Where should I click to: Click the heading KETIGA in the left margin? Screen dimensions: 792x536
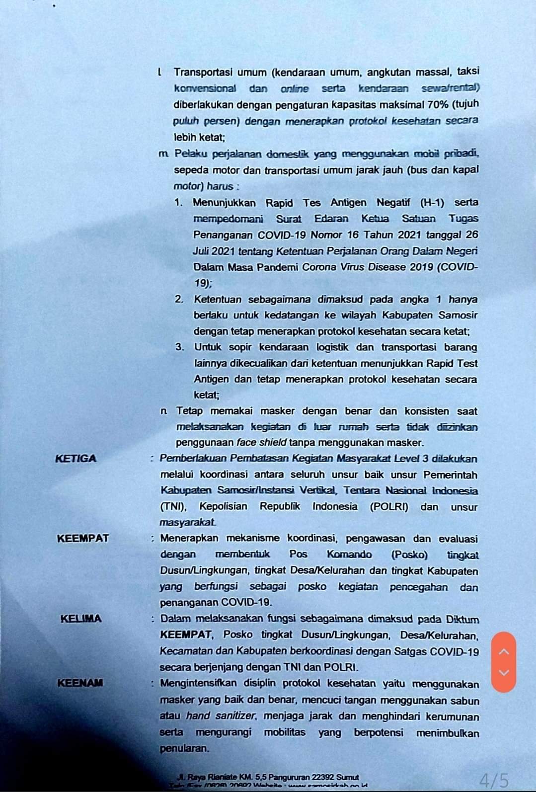pyautogui.click(x=76, y=458)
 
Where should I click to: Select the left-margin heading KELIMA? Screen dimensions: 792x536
pyautogui.click(x=81, y=619)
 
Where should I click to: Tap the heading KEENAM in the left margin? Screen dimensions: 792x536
pyautogui.click(x=80, y=683)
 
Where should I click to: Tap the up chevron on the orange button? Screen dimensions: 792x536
pyautogui.click(x=504, y=651)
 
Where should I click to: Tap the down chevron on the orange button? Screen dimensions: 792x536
pyautogui.click(x=504, y=673)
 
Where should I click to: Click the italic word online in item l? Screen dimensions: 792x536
pyautogui.click(x=295, y=88)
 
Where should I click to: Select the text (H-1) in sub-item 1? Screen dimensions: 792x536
pyautogui.click(x=432, y=202)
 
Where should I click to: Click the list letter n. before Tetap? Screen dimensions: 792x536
pyautogui.click(x=164, y=411)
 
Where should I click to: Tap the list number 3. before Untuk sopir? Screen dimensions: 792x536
pyautogui.click(x=180, y=347)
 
